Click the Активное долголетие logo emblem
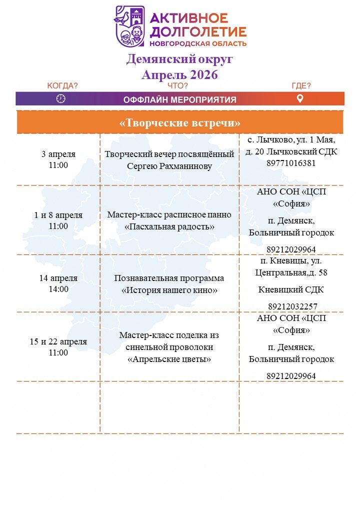pyautogui.click(x=129, y=26)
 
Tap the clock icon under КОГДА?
pyautogui.click(x=61, y=98)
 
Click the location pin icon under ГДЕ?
pyautogui.click(x=300, y=98)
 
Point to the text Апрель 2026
pyautogui.click(x=180, y=75)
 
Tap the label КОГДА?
pyautogui.click(x=62, y=85)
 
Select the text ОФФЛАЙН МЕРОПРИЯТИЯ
pyautogui.click(x=180, y=99)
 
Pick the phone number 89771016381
pyautogui.click(x=291, y=163)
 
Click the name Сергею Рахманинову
pyautogui.click(x=169, y=166)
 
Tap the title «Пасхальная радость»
pyautogui.click(x=169, y=226)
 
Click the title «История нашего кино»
pyautogui.click(x=169, y=290)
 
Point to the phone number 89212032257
pyautogui.click(x=291, y=306)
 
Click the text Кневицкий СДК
pyautogui.click(x=291, y=289)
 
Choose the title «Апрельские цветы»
pyautogui.click(x=169, y=359)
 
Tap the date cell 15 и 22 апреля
pyautogui.click(x=58, y=342)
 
